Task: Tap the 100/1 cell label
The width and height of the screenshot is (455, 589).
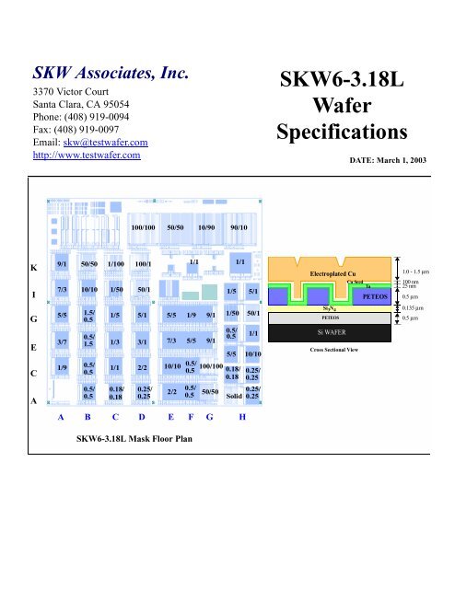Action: pos(143,265)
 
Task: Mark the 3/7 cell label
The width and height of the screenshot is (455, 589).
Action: pos(61,342)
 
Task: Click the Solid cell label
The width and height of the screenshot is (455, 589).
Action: pos(233,397)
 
